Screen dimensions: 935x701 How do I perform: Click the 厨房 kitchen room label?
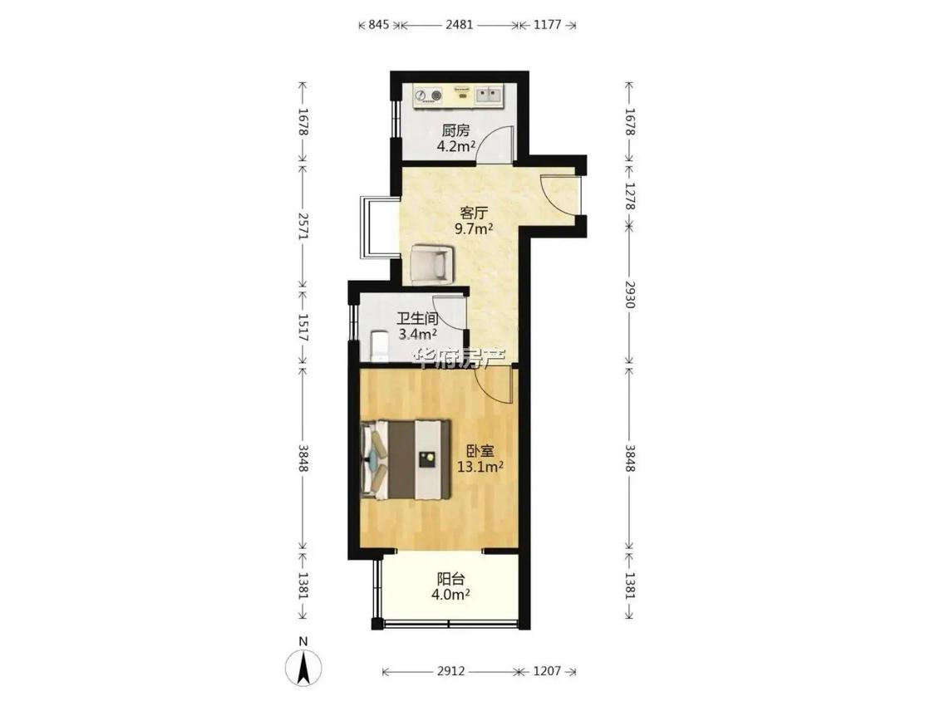click(x=455, y=130)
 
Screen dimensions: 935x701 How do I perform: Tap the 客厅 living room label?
click(x=474, y=213)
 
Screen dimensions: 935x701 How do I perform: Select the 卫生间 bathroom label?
click(x=417, y=318)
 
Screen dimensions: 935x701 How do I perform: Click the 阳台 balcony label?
click(x=450, y=579)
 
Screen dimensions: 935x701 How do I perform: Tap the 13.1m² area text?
click(x=480, y=468)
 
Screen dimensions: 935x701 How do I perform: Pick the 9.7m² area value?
click(x=474, y=228)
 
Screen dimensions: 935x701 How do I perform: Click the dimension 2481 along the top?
click(x=459, y=24)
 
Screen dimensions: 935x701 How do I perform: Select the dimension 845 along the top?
click(x=379, y=24)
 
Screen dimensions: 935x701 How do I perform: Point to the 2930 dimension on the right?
click(x=630, y=293)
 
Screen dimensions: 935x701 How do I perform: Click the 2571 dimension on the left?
click(x=303, y=227)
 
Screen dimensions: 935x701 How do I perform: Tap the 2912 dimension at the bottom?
click(x=450, y=671)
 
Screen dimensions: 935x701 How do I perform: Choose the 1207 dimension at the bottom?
click(x=547, y=671)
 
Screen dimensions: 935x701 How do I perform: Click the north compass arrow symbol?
click(x=303, y=665)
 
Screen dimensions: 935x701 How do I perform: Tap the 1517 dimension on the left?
click(x=303, y=327)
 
